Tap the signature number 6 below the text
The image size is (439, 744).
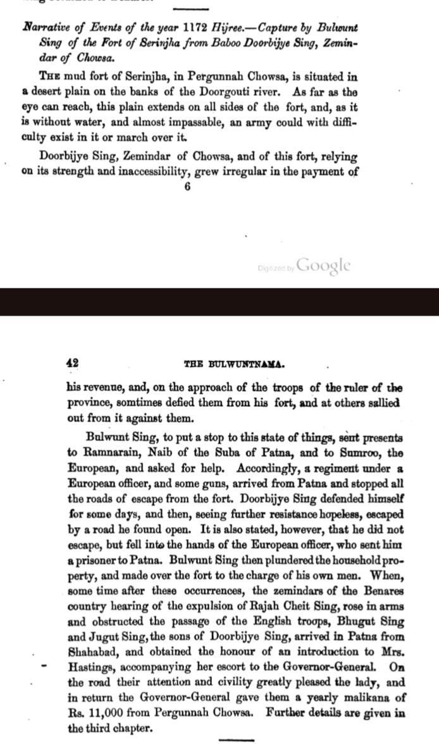pos(188,187)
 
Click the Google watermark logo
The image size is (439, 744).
pos(323,266)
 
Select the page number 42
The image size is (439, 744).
pos(72,363)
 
